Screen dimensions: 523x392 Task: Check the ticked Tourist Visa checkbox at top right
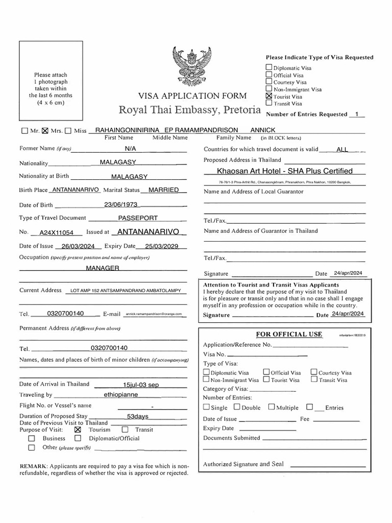(269, 96)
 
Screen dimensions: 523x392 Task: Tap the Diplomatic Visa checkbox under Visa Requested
(269, 67)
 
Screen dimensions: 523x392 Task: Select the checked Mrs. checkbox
(44, 131)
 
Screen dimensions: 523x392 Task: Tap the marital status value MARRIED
(163, 190)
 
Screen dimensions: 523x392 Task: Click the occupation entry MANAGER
(103, 268)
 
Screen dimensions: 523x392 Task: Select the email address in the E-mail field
(153, 314)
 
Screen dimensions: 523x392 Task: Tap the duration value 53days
(134, 416)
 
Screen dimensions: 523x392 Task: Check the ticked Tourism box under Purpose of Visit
(78, 430)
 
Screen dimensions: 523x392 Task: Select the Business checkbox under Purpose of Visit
(32, 438)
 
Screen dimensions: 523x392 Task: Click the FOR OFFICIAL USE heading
(289, 334)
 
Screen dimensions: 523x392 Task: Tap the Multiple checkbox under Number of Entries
(272, 407)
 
